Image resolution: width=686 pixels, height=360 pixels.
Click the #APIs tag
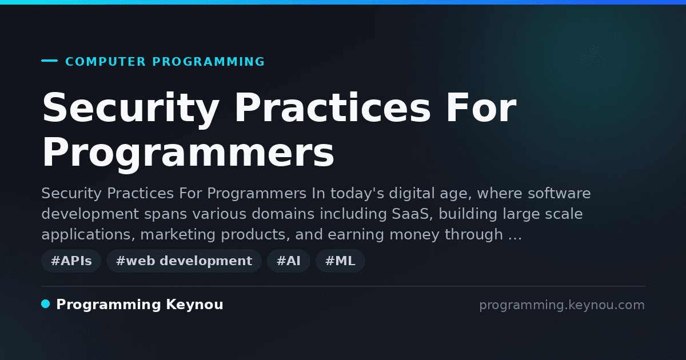click(x=71, y=261)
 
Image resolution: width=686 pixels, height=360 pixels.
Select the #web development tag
click(x=184, y=261)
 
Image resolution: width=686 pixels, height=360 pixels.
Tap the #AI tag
click(x=289, y=261)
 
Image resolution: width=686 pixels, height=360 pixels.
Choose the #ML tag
click(x=340, y=261)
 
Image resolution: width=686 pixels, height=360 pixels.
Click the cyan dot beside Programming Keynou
click(x=45, y=304)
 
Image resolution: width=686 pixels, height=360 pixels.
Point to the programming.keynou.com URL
click(x=562, y=305)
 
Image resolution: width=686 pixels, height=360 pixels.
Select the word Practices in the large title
click(x=333, y=107)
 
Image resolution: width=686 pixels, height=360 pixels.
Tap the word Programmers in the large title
click(x=188, y=153)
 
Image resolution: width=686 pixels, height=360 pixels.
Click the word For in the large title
click(x=481, y=107)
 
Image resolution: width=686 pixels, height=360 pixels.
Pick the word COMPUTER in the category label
click(x=106, y=62)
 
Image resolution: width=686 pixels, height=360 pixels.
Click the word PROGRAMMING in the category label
click(x=208, y=62)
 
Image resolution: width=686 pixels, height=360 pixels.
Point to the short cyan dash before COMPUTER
click(x=49, y=61)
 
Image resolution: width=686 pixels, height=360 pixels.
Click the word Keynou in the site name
click(x=194, y=304)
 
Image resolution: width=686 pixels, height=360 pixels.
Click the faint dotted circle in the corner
click(x=591, y=57)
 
